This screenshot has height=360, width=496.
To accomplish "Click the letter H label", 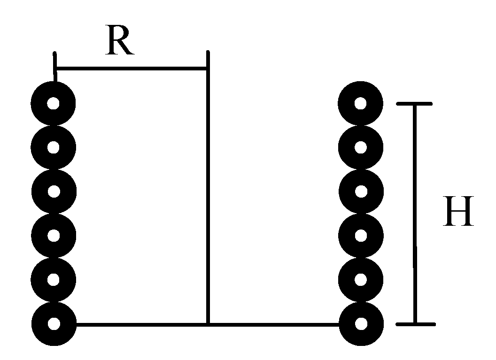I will click(x=458, y=212).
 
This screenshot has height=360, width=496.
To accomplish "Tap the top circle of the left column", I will click(x=53, y=103).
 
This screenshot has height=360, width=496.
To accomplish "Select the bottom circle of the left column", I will click(x=53, y=323).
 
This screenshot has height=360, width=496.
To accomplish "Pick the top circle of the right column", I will click(x=360, y=103).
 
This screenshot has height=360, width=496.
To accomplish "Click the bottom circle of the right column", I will click(x=360, y=323).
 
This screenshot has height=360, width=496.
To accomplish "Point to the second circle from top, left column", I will click(x=53, y=147).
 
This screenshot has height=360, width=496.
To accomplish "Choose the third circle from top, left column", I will click(x=53, y=191).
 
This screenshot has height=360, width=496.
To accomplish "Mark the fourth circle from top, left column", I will click(x=53, y=235).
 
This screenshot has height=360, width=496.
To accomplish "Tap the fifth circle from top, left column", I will click(x=53, y=279).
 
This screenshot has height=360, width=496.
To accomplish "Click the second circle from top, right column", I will click(x=360, y=147).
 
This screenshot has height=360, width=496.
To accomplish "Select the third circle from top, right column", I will click(x=360, y=191).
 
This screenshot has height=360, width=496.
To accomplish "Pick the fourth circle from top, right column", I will click(x=360, y=235).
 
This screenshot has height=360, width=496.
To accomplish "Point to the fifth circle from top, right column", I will click(x=360, y=279).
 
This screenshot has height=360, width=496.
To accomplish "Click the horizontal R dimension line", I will click(x=132, y=69).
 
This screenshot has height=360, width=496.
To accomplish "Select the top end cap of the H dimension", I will click(x=414, y=104).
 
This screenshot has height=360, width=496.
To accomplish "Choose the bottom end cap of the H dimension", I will click(x=415, y=324).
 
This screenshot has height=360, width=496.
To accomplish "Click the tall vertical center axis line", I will click(x=208, y=188).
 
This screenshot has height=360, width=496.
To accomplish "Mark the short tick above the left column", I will click(x=55, y=63).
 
